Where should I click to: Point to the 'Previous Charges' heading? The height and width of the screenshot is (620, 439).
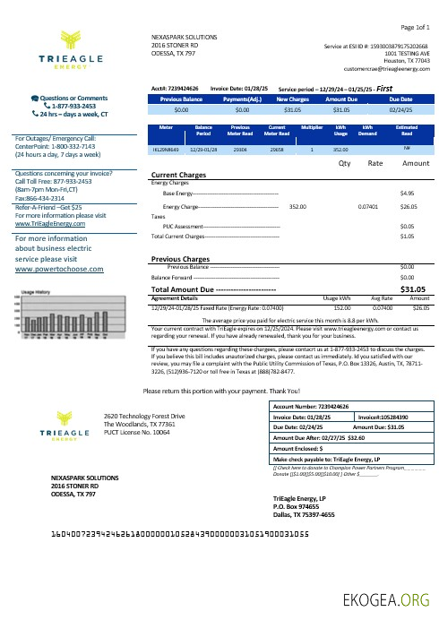[183, 258]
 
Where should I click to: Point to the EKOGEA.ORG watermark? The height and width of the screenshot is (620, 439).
[391, 600]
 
